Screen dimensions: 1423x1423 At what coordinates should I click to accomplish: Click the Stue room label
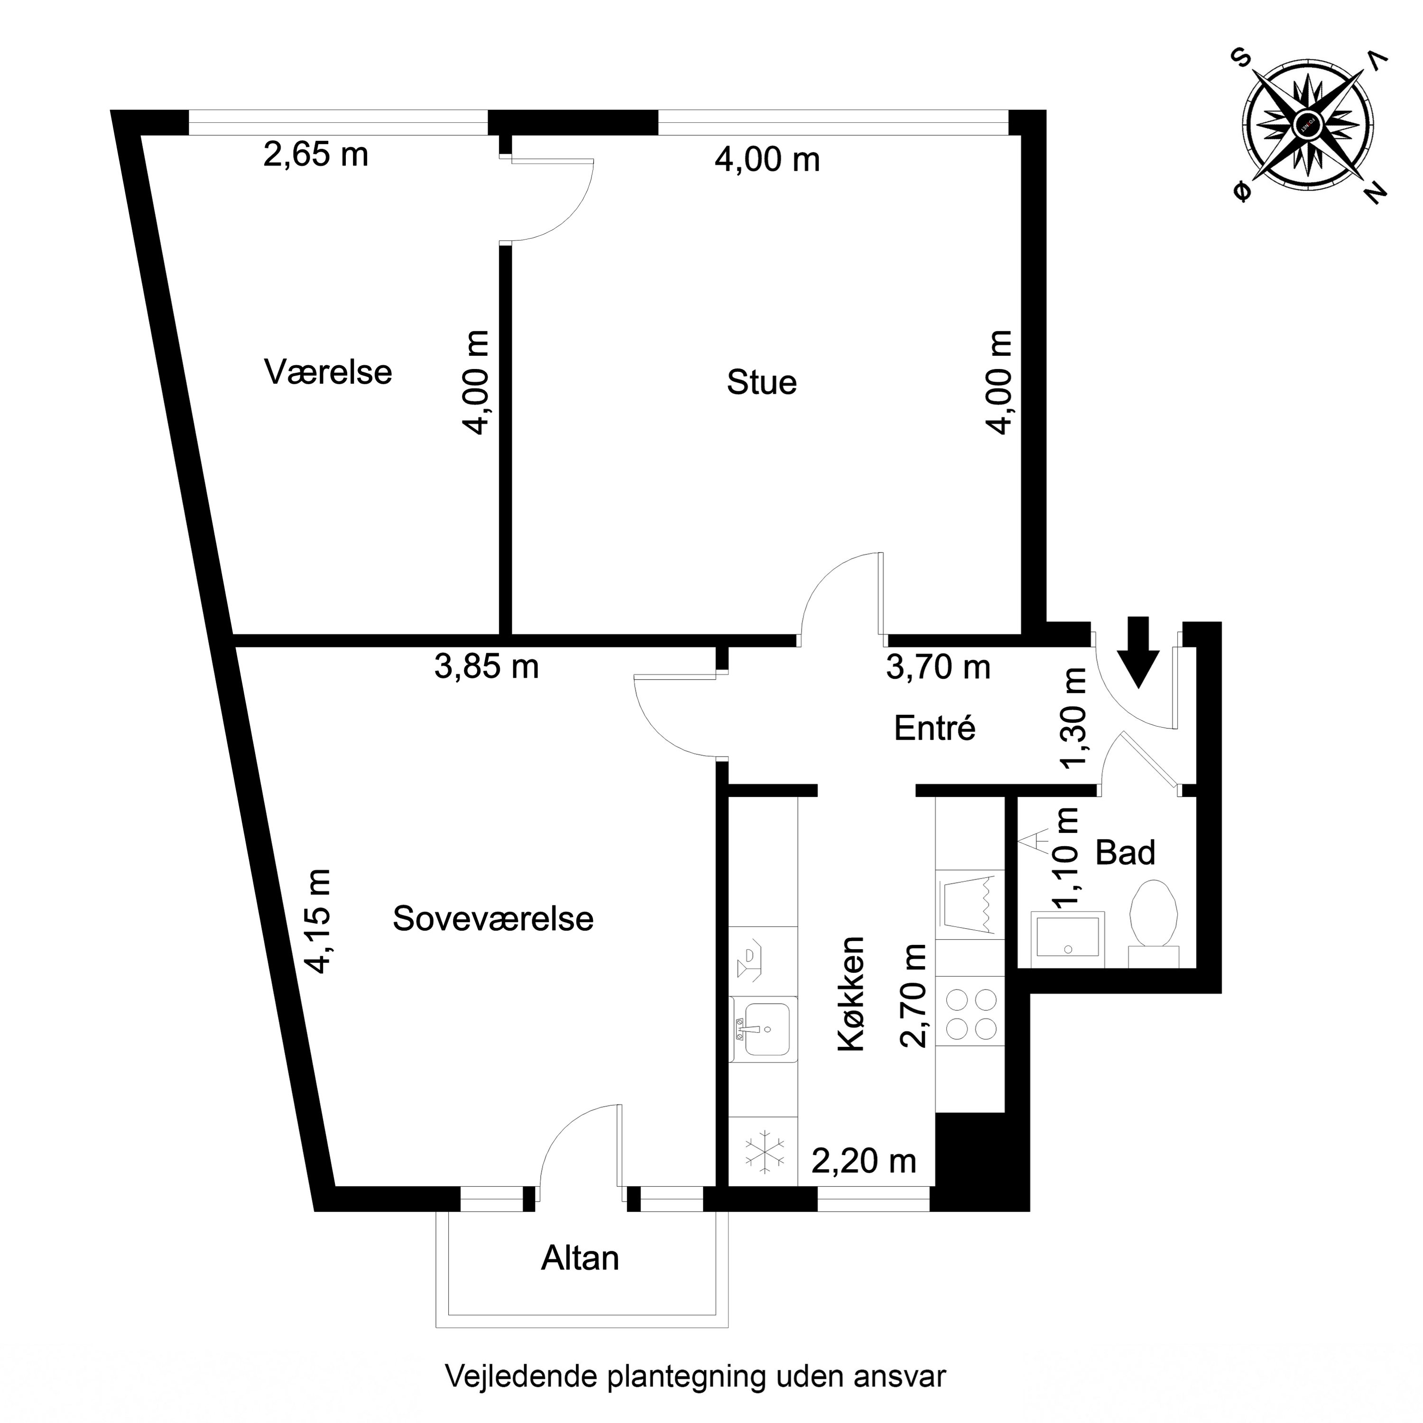(x=762, y=383)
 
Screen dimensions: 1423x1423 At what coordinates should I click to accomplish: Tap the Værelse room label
(x=328, y=372)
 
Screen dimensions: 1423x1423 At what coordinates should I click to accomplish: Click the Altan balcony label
(x=580, y=1259)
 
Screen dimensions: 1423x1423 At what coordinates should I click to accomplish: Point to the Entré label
(x=934, y=729)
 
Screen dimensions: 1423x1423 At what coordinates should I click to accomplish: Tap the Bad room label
(x=1125, y=853)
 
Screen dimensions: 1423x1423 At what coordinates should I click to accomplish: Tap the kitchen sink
(x=764, y=1029)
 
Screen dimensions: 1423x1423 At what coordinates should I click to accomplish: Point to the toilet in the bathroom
(x=1154, y=918)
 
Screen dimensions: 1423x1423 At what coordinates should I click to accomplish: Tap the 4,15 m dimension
(x=320, y=921)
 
